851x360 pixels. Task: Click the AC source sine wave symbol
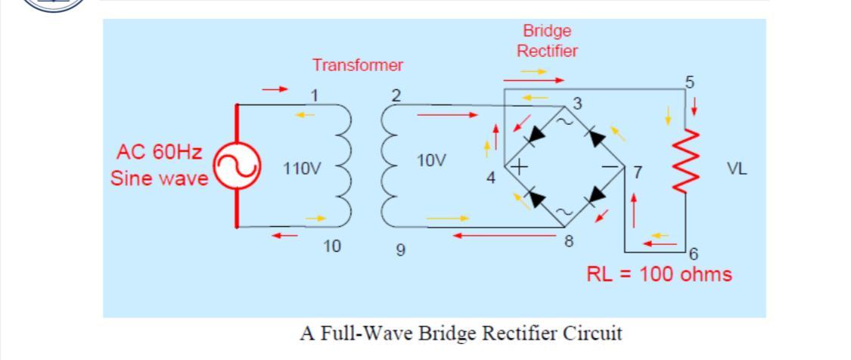238,166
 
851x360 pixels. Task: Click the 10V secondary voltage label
431,160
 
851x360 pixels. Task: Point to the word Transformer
358,65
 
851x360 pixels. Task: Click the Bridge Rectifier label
547,41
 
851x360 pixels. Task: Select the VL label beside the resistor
737,169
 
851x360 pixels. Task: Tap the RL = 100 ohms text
659,274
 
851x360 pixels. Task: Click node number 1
316,95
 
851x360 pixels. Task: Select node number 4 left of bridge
491,178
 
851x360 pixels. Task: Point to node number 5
688,82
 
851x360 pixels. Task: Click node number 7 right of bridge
638,173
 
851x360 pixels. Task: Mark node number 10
331,246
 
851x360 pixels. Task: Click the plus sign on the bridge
521,166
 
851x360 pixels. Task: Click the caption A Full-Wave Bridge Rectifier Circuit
461,333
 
